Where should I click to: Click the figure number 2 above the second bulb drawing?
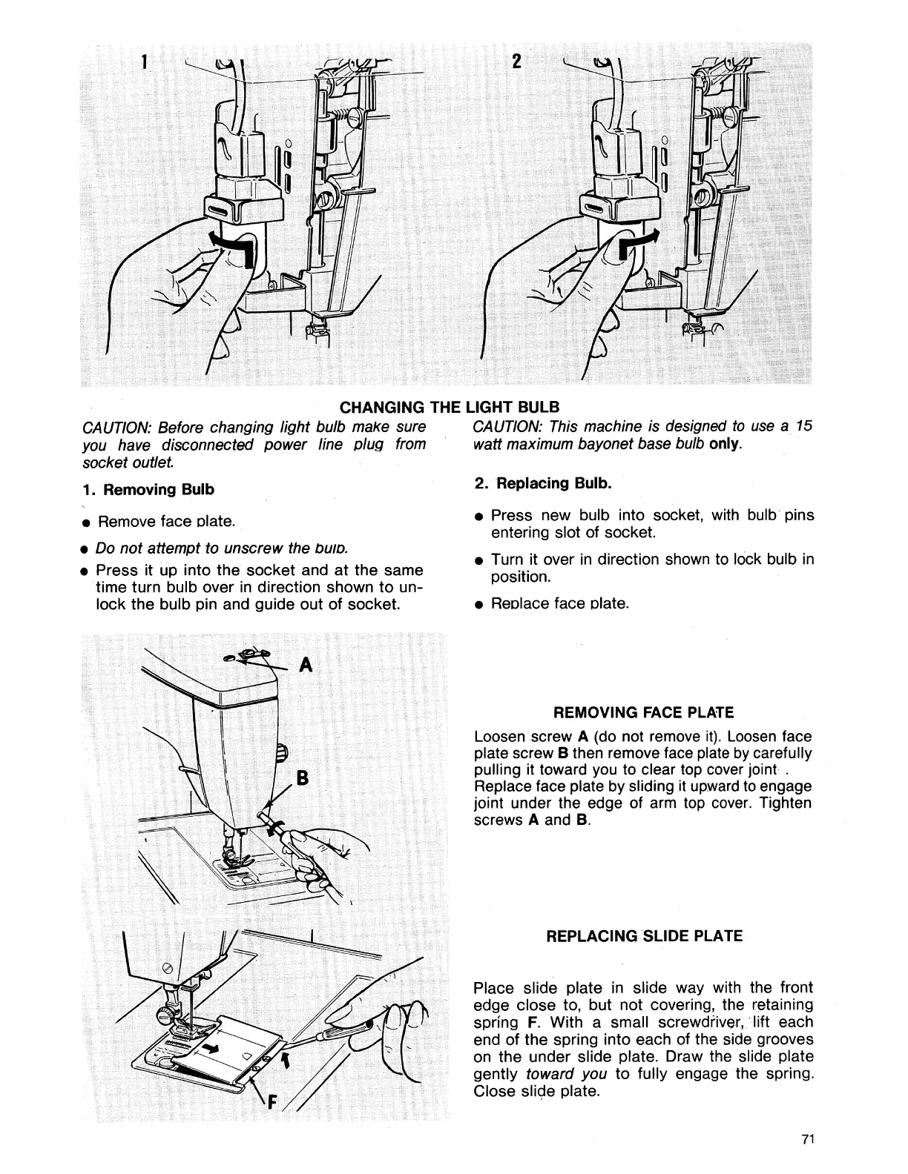[519, 62]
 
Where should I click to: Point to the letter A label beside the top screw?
[305, 665]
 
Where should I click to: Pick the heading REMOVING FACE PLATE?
[643, 713]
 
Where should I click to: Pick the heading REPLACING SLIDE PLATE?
[643, 935]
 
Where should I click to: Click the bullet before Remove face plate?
[87, 523]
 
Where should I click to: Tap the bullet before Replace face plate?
[481, 604]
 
